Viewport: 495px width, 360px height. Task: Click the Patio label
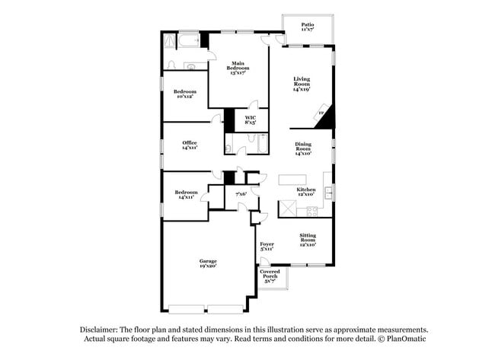[307, 27]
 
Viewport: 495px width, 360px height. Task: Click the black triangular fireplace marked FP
[325, 113]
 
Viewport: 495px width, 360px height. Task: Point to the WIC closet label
[250, 119]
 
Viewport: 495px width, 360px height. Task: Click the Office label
[190, 145]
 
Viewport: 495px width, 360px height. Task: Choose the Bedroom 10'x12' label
[184, 94]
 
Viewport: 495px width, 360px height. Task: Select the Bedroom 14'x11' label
[187, 194]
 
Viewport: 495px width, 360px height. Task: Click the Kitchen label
[306, 192]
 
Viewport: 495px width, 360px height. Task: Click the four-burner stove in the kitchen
[288, 209]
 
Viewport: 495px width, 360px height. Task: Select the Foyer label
[267, 246]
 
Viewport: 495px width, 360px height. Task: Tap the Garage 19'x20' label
[208, 263]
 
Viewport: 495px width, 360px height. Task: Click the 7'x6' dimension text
[241, 194]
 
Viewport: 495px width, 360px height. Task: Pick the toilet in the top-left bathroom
[172, 65]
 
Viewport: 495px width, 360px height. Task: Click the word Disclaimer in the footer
[101, 329]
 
